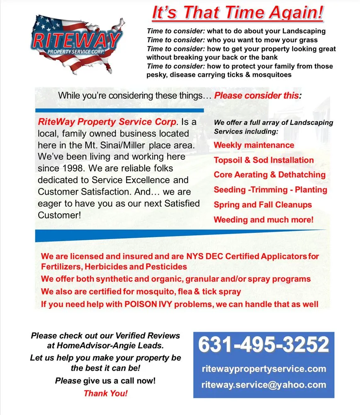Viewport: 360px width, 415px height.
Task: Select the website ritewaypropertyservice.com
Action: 264,369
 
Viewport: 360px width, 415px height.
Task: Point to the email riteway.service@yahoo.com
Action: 264,384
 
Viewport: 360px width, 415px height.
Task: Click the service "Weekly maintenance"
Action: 254,145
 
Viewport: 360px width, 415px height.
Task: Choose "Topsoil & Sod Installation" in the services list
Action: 264,160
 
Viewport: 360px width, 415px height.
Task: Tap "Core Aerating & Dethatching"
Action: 270,175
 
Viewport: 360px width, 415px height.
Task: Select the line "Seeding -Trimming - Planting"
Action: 270,190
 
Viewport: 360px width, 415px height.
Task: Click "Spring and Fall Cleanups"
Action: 263,205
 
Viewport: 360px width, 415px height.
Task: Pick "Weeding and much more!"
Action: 264,220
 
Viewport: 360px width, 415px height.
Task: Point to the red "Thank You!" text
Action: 106,393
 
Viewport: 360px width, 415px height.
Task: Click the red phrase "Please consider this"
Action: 256,95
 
